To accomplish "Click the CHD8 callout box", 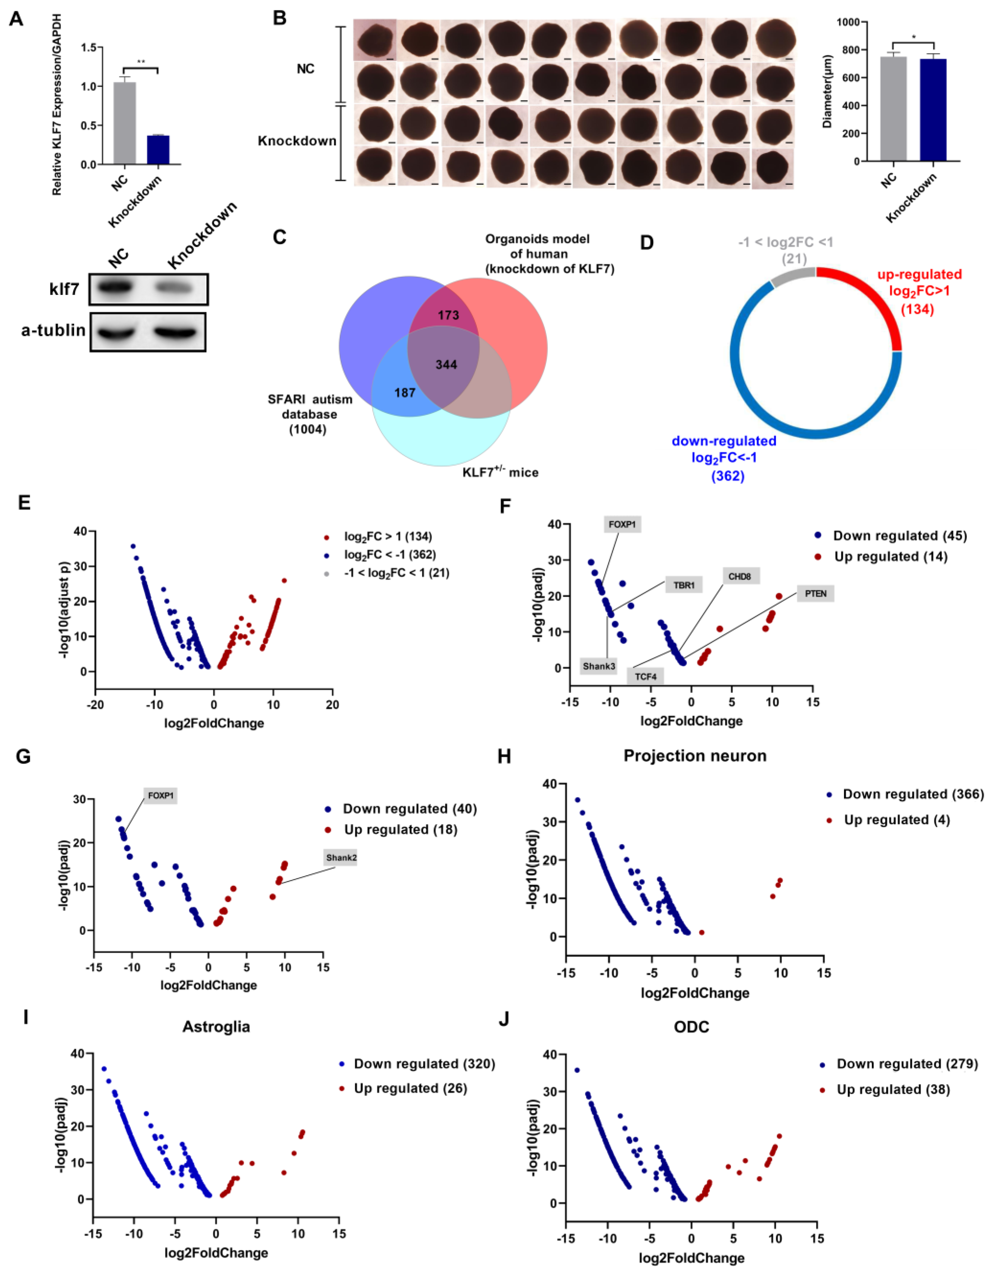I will coord(740,577).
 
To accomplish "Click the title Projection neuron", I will coord(695,756).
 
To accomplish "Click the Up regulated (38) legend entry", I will coord(893,1090).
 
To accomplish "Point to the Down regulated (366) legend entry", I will coord(913,794).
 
